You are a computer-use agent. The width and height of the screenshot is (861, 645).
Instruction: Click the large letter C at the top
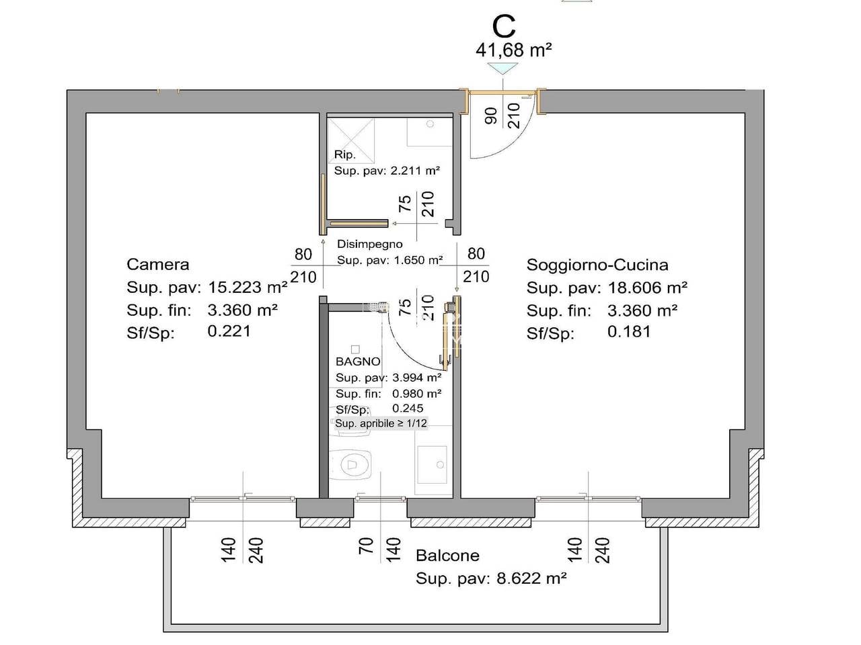(x=504, y=27)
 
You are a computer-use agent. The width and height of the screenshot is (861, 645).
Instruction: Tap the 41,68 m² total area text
(x=514, y=50)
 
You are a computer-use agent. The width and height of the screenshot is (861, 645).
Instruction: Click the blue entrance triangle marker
(x=503, y=69)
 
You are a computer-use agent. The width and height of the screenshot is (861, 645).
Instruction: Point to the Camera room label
(x=157, y=264)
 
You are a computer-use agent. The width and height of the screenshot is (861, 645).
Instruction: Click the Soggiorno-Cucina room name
(x=597, y=265)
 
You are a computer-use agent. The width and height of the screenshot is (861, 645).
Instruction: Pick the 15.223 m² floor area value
(x=248, y=287)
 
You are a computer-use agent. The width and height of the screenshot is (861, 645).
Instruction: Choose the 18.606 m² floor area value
(x=648, y=288)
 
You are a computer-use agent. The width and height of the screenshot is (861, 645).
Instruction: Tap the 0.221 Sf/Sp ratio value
(x=229, y=331)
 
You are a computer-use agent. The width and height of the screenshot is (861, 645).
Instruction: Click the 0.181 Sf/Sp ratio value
(x=629, y=332)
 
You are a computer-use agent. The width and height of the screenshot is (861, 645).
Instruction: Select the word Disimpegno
(x=370, y=244)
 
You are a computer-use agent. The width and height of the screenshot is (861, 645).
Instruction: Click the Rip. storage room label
(x=345, y=155)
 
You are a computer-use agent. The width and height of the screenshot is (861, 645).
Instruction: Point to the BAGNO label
(x=358, y=361)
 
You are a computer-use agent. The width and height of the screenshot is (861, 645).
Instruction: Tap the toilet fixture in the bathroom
(x=350, y=464)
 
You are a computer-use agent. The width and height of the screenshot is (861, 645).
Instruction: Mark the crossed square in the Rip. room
(x=351, y=141)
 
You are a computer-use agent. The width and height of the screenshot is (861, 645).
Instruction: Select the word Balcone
(x=447, y=556)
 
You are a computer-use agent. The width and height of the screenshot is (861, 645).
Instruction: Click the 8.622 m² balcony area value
(x=531, y=578)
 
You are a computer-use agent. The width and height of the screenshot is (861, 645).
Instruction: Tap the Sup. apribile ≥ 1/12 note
(x=381, y=423)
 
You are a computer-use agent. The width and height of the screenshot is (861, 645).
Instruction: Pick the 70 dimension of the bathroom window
(x=365, y=546)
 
